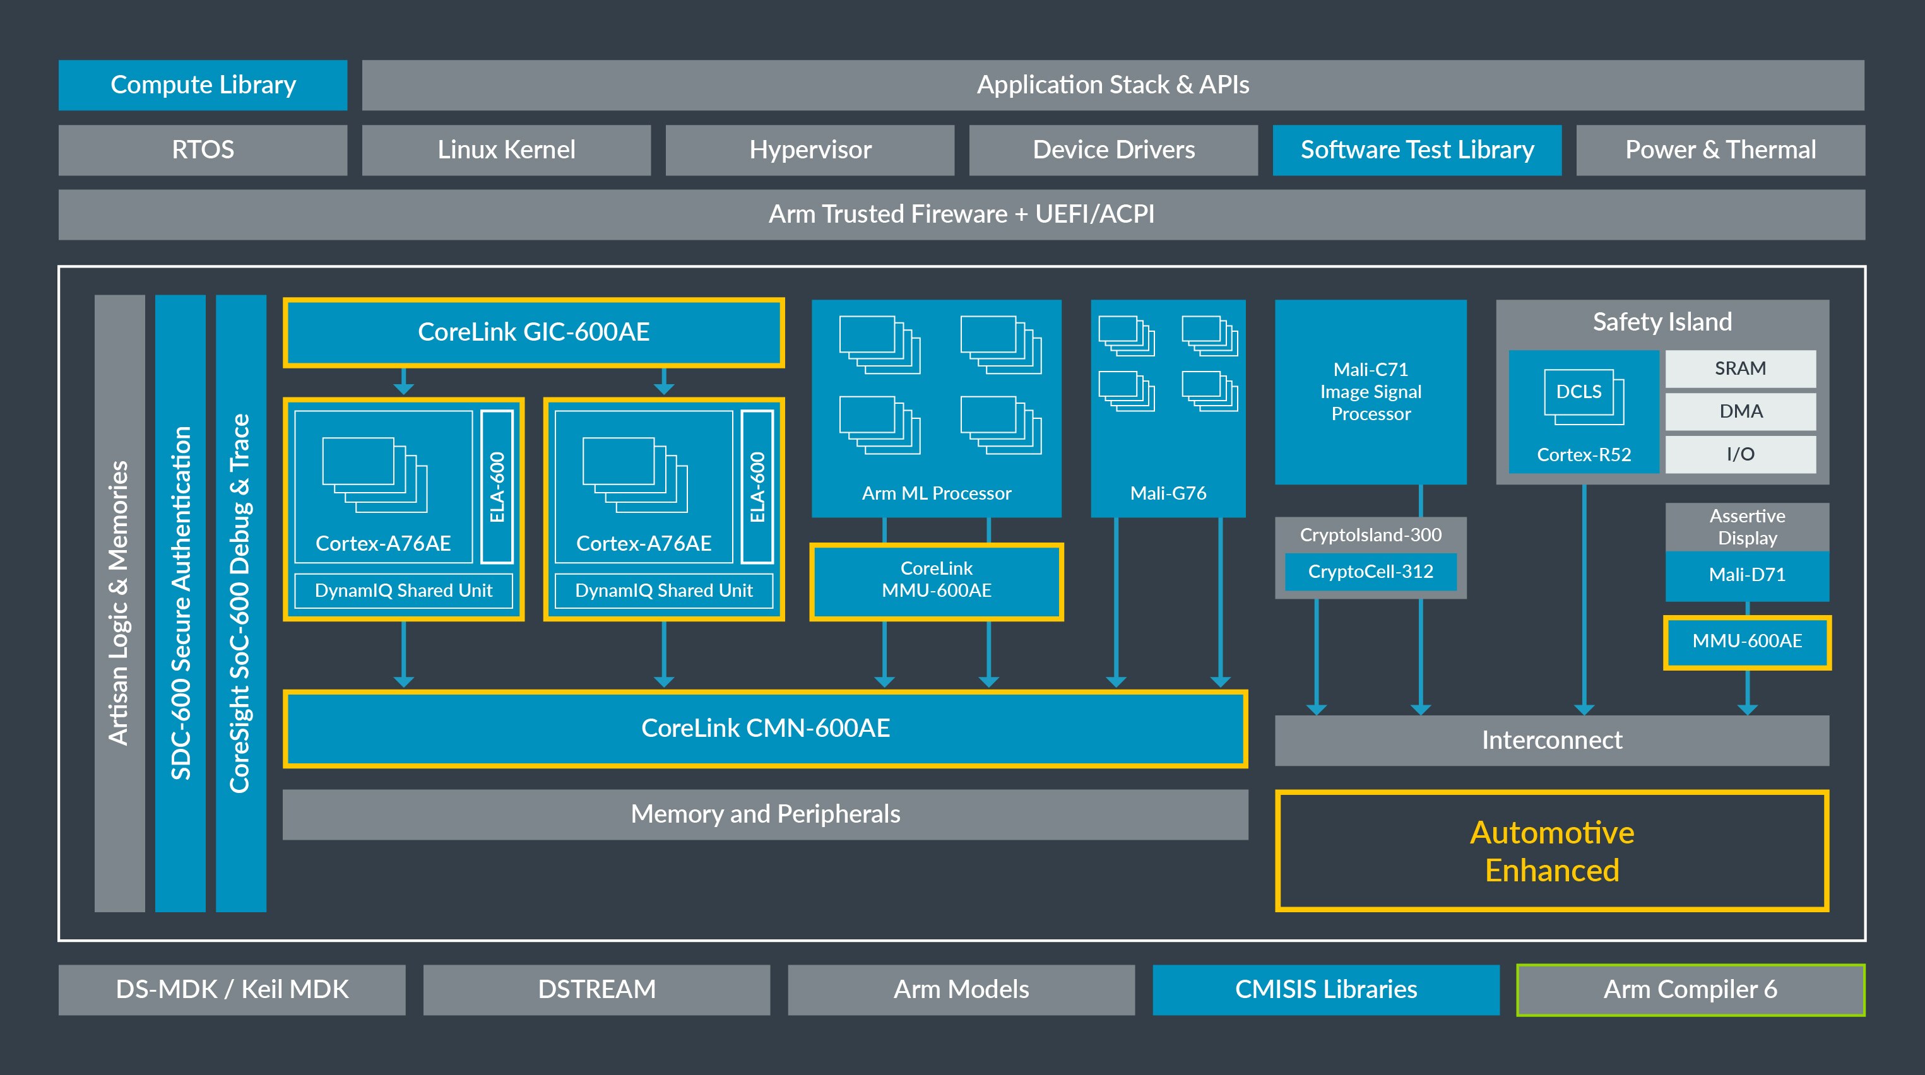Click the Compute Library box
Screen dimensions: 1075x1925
[203, 85]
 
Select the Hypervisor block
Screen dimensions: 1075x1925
[809, 150]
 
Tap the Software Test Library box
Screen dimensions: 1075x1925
[1416, 150]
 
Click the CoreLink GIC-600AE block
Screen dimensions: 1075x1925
[533, 332]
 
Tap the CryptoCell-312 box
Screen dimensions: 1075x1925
[1370, 572]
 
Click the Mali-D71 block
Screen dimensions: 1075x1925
[1746, 575]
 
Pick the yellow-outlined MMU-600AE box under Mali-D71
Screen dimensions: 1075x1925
[1746, 641]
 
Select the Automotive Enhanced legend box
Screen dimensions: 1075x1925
[1551, 851]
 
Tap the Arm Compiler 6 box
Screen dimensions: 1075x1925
[1690, 989]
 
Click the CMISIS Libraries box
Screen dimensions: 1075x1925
[1325, 989]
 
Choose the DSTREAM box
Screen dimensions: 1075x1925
[596, 989]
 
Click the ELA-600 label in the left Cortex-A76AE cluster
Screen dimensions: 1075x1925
[497, 487]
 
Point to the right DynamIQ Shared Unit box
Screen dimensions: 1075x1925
[663, 590]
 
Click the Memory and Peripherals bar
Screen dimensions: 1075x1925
[764, 814]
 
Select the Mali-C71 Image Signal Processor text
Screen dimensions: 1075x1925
[1370, 391]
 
